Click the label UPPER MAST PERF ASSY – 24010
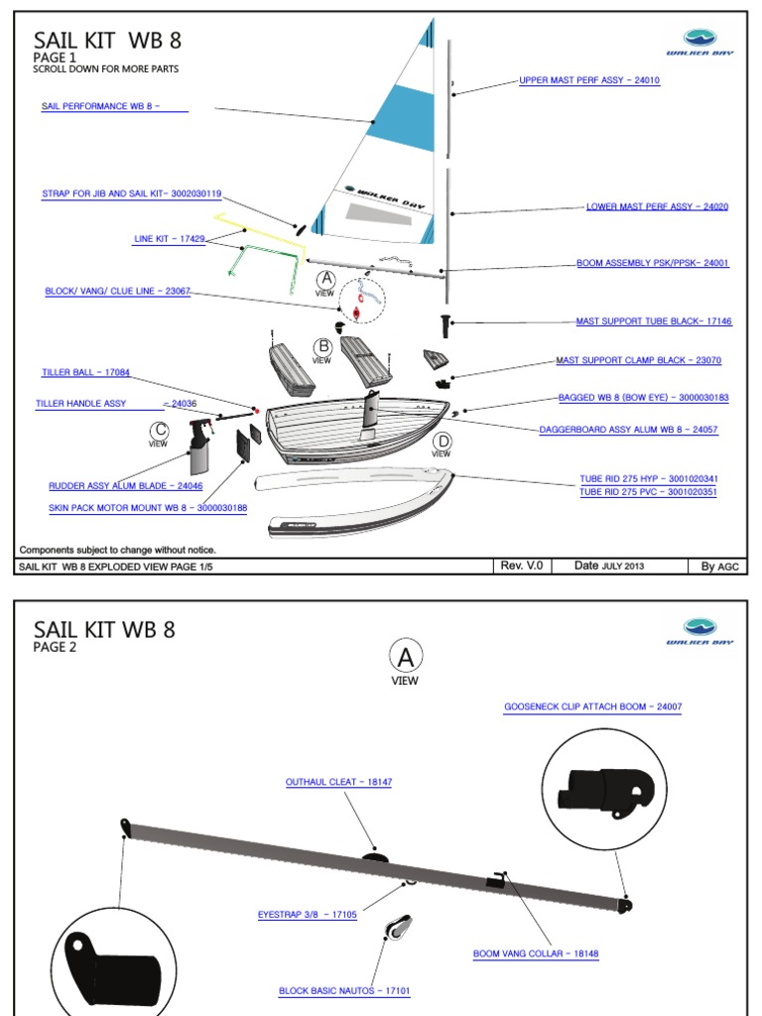pyautogui.click(x=589, y=80)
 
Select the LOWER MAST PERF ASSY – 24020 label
pyautogui.click(x=657, y=207)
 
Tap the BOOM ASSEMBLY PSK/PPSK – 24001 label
pyautogui.click(x=653, y=264)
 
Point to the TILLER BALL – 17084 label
pyautogui.click(x=85, y=372)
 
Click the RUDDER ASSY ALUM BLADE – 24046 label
pyautogui.click(x=126, y=486)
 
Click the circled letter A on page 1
pyautogui.click(x=325, y=279)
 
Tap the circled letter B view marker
pyautogui.click(x=322, y=347)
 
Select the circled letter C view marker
pyautogui.click(x=158, y=430)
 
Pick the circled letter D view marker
pyautogui.click(x=442, y=440)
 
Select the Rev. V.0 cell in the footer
pyautogui.click(x=522, y=566)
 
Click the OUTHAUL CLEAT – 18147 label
pyautogui.click(x=338, y=782)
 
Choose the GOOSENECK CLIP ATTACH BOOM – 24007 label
pyautogui.click(x=592, y=706)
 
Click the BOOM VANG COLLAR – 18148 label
pyautogui.click(x=536, y=953)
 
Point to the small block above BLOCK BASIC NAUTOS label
pyautogui.click(x=399, y=929)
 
